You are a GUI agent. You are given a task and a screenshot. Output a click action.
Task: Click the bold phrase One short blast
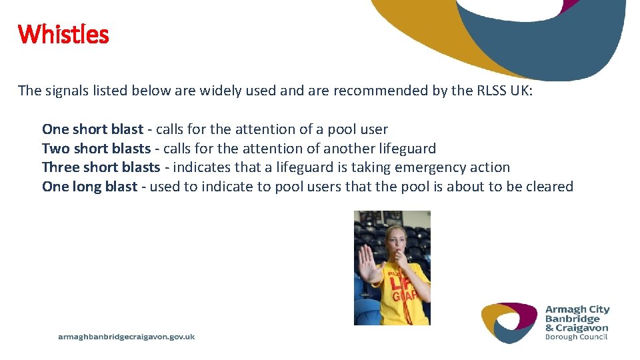[92, 129]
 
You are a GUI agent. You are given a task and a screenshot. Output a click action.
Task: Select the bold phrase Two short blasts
[96, 148]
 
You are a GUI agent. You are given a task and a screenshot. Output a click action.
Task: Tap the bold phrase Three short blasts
[101, 167]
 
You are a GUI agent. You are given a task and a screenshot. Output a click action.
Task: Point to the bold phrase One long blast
[89, 187]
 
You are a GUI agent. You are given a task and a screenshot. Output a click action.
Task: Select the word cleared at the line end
[549, 187]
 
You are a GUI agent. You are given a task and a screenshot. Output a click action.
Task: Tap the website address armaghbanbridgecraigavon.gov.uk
[127, 337]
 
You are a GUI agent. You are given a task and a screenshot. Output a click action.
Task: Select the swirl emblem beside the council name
[509, 322]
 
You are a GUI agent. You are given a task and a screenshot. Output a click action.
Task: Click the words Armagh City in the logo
[577, 309]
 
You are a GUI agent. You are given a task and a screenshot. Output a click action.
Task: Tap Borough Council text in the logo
[577, 337]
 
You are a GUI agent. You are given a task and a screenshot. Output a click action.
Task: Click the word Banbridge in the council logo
[573, 319]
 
